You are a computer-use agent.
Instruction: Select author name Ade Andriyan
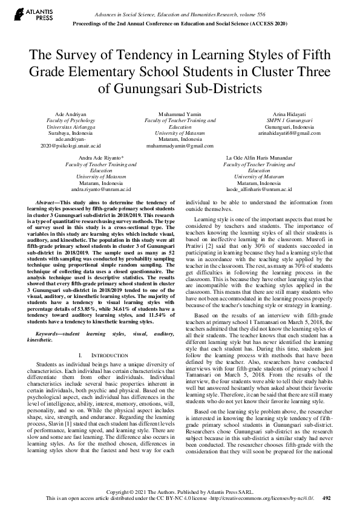(67, 114)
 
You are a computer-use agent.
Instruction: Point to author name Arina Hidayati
(289, 114)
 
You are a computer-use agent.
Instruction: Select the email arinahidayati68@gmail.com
(289, 134)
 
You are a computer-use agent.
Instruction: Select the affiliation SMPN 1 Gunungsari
(289, 120)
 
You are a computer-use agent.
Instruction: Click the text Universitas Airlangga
(67, 127)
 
